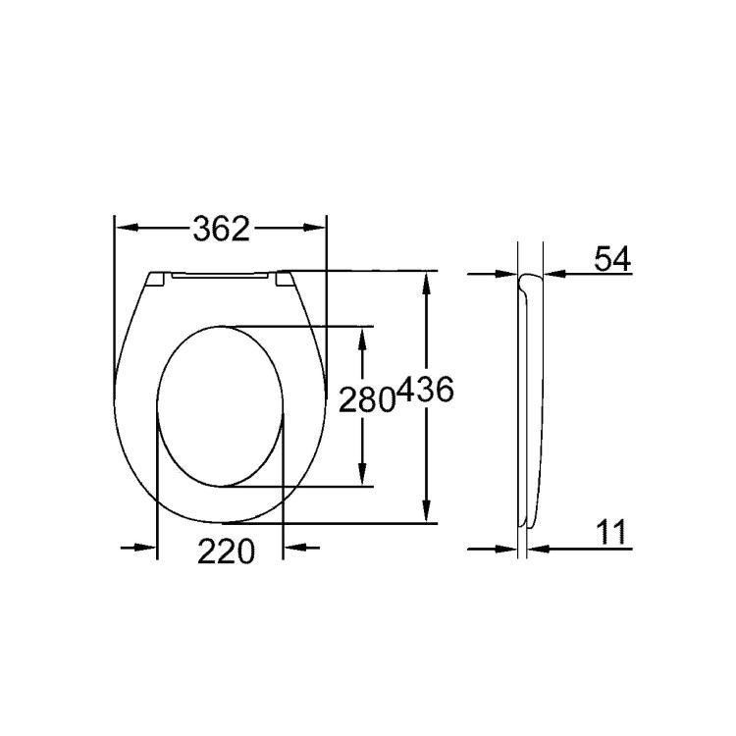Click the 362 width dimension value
coord(221,229)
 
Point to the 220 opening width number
coord(227,551)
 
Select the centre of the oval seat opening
coord(221,405)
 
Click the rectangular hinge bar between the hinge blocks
coord(220,278)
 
